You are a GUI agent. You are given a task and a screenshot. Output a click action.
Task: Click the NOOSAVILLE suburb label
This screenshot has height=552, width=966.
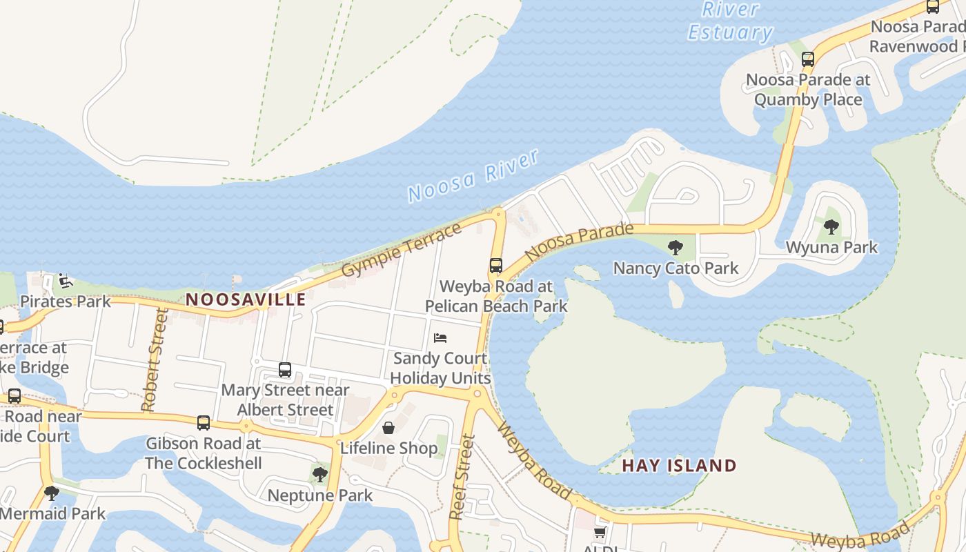point(246,299)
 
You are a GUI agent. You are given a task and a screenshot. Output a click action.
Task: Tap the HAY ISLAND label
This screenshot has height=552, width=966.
point(679,466)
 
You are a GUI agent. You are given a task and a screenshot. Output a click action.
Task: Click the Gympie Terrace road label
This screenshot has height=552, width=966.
point(402,249)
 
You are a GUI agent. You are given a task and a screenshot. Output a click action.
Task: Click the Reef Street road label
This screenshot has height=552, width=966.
point(462,476)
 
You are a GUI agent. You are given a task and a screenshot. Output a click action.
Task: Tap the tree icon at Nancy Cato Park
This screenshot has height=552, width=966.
point(676,247)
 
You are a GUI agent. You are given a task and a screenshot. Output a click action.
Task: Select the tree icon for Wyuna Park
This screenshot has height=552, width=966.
point(831,226)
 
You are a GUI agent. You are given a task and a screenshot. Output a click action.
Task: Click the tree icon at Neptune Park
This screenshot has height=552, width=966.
point(319,474)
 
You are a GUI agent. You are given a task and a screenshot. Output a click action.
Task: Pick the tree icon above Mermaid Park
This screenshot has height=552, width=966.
point(51,493)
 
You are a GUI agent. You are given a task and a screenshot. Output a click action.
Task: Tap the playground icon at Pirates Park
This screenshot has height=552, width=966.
point(64,281)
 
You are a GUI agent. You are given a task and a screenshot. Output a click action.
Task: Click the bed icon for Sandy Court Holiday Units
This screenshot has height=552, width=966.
point(440,337)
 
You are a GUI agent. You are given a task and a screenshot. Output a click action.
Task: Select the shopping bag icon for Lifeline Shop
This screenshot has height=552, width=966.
point(388,428)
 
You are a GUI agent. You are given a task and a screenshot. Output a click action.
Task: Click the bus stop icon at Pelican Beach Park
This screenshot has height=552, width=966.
point(495,266)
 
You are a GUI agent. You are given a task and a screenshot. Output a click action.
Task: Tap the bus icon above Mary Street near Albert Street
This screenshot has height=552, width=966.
point(285,370)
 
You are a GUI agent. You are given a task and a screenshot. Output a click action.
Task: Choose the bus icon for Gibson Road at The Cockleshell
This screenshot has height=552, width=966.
point(203,423)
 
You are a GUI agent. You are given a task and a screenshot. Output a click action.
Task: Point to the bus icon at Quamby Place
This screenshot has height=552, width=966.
point(807,59)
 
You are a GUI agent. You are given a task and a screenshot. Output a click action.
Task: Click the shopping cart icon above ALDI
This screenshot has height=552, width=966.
point(600,532)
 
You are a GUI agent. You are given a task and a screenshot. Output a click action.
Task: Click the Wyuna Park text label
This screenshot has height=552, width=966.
point(831,247)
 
